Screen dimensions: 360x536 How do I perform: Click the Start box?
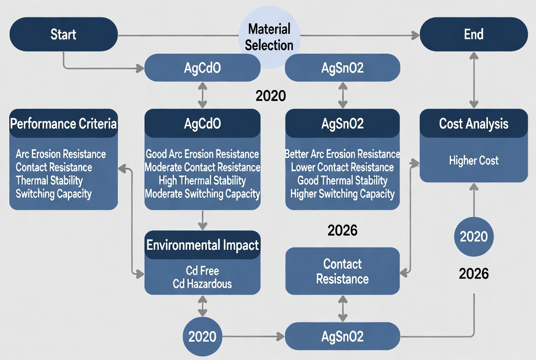click(x=63, y=34)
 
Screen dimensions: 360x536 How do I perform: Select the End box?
click(x=474, y=34)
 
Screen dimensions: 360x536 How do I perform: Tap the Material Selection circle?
click(x=269, y=37)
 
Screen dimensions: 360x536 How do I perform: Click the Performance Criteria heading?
click(x=63, y=124)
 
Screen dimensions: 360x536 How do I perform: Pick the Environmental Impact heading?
click(x=202, y=245)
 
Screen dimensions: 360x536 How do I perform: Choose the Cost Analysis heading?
click(x=474, y=124)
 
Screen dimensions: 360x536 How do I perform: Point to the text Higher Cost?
click(x=474, y=161)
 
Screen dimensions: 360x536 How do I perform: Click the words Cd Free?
click(x=202, y=270)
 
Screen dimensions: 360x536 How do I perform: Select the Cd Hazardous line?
click(x=202, y=284)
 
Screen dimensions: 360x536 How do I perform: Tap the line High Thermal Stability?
click(x=202, y=180)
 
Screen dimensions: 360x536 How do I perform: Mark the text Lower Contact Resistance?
click(x=342, y=167)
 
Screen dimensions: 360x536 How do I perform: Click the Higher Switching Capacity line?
click(x=342, y=194)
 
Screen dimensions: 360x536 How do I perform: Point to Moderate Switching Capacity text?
click(x=202, y=194)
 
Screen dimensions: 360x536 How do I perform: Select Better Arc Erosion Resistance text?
click(x=342, y=154)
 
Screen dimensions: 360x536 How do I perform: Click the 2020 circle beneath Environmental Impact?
click(x=202, y=337)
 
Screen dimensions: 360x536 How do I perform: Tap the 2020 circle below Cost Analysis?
click(x=474, y=237)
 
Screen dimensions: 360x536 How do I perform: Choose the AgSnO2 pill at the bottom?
click(x=342, y=337)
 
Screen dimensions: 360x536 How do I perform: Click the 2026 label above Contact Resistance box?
click(x=342, y=231)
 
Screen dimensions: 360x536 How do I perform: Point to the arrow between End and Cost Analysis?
click(x=474, y=80)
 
